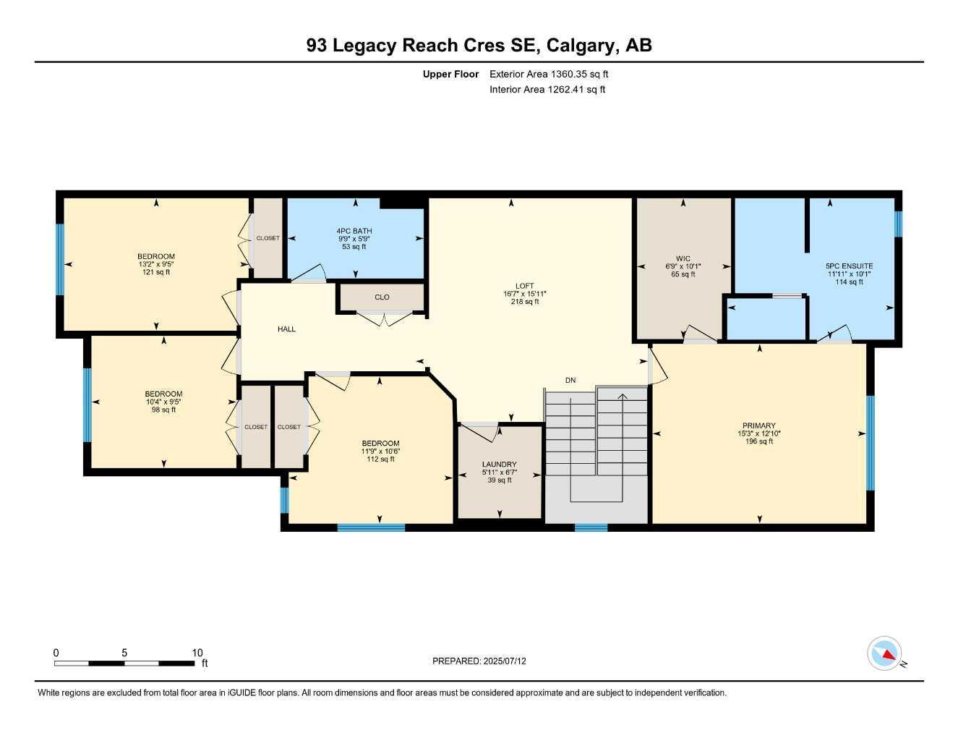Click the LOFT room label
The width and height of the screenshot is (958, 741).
coord(524,286)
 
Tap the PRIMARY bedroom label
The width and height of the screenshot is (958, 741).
coord(758,425)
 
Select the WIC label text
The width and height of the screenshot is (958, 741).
coord(683,258)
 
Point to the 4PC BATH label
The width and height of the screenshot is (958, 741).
coord(354,231)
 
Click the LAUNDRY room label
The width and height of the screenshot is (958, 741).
coord(499,464)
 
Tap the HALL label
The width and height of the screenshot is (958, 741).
coord(286,329)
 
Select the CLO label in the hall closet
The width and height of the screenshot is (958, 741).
coord(382,297)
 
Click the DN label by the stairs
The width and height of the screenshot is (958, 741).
coord(570,380)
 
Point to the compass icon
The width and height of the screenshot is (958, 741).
coord(885,653)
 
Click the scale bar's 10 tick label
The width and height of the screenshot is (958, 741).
coord(197,653)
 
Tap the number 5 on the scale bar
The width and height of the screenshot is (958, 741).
coord(124,653)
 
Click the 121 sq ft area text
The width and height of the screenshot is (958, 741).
coord(156,272)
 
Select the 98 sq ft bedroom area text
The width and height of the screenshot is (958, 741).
coord(163,410)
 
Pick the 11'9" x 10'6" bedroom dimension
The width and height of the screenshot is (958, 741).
coord(380,451)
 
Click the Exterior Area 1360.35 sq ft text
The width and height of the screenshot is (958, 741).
coord(549,74)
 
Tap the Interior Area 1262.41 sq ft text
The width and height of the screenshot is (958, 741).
coord(547,90)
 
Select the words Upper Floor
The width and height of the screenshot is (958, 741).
coord(450,74)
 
